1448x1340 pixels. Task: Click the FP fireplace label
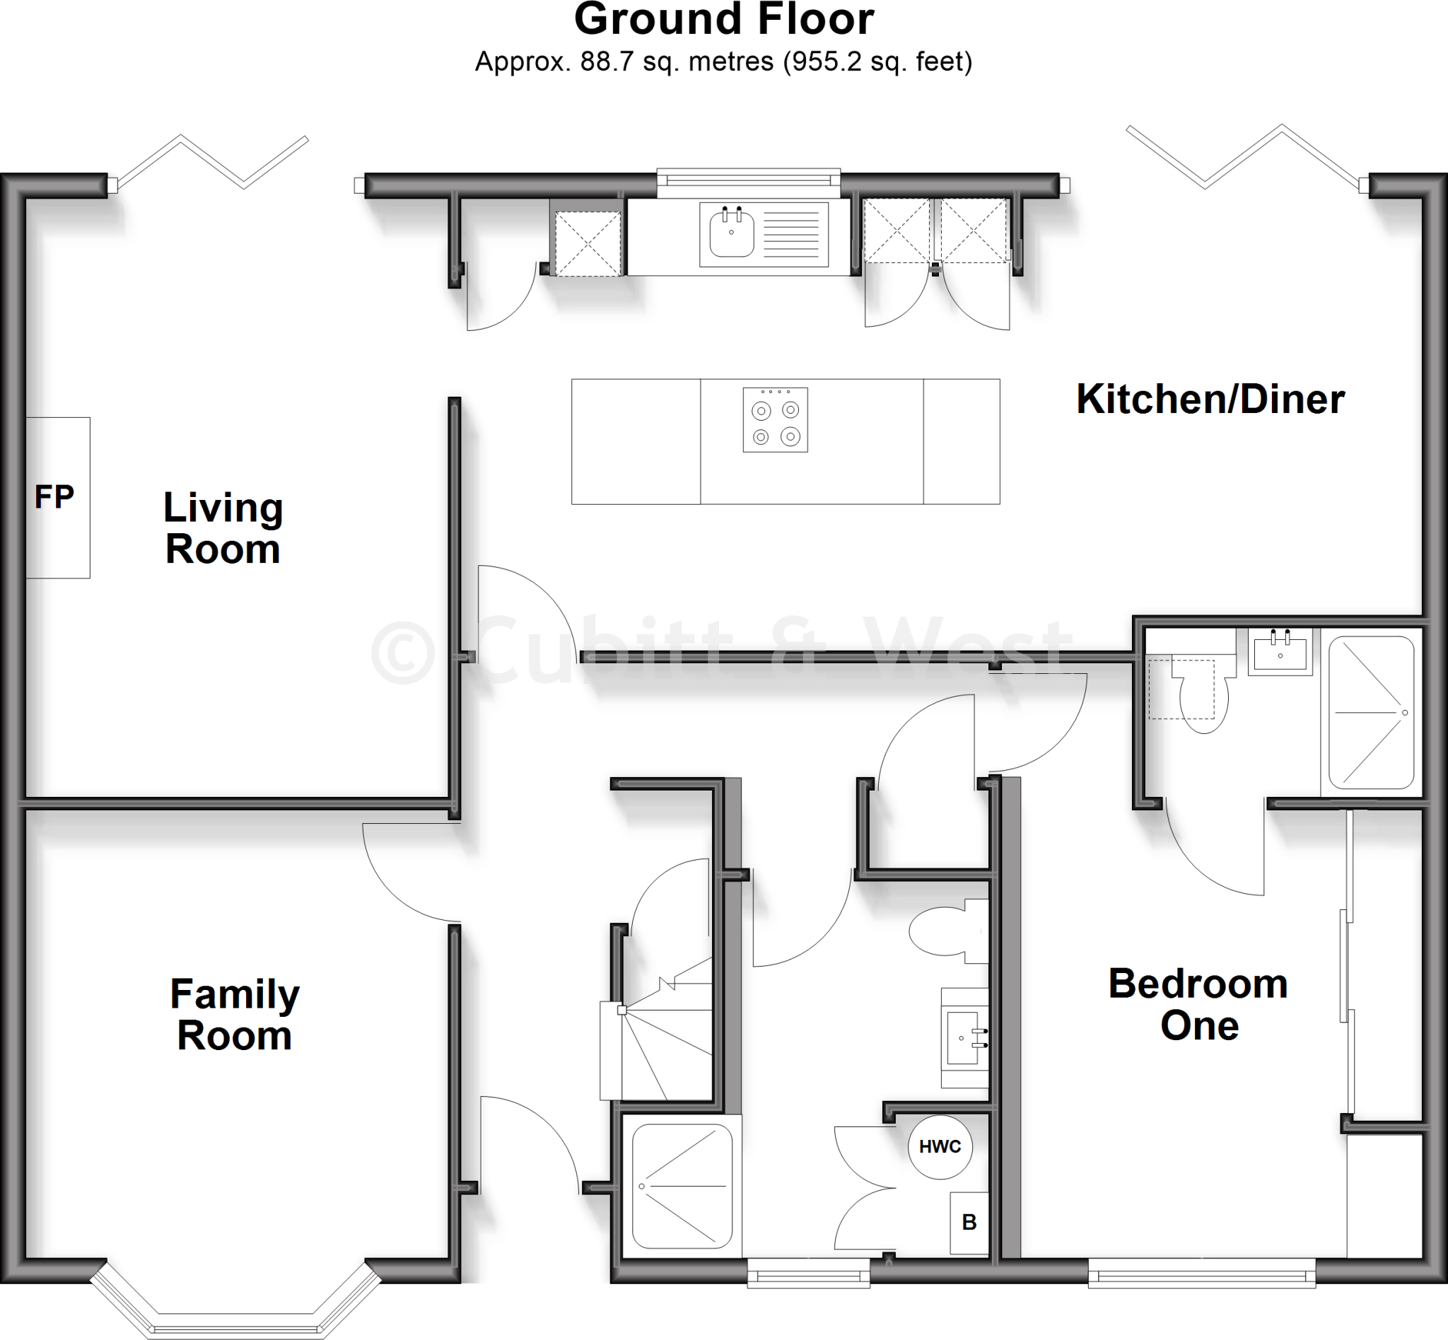coord(54,497)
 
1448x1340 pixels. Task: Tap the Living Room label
coord(223,528)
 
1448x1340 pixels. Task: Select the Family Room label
coord(234,1015)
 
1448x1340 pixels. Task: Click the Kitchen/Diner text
coord(1210,400)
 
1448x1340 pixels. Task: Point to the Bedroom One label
coord(1198,1005)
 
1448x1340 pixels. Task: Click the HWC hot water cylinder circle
coord(940,1146)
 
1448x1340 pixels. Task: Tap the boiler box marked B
coord(969,1223)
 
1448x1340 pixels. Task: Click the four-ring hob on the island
coord(775,421)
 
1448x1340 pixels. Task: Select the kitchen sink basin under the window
coord(732,232)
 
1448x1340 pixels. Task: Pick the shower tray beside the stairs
coord(682,1187)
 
